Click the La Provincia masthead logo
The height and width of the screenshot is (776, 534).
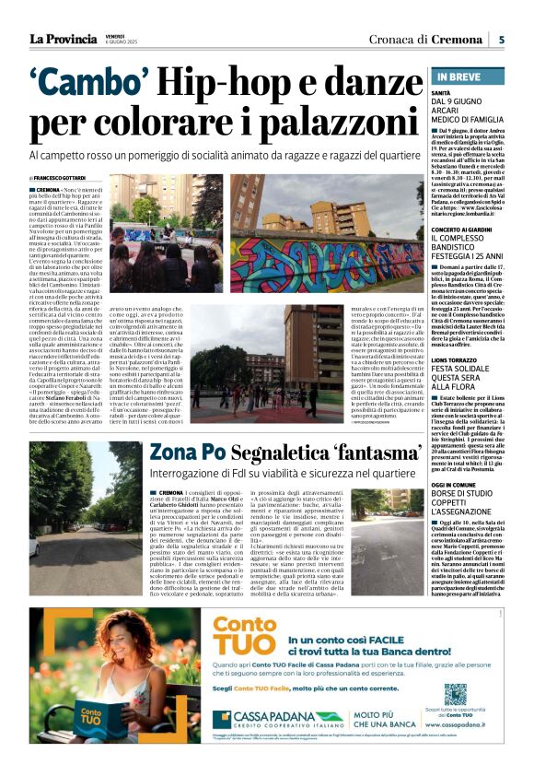(x=63, y=39)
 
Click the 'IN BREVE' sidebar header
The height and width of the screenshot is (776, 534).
(x=453, y=77)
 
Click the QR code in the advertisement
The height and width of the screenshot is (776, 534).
(x=455, y=694)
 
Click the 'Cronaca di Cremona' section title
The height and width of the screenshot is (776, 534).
(x=424, y=39)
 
